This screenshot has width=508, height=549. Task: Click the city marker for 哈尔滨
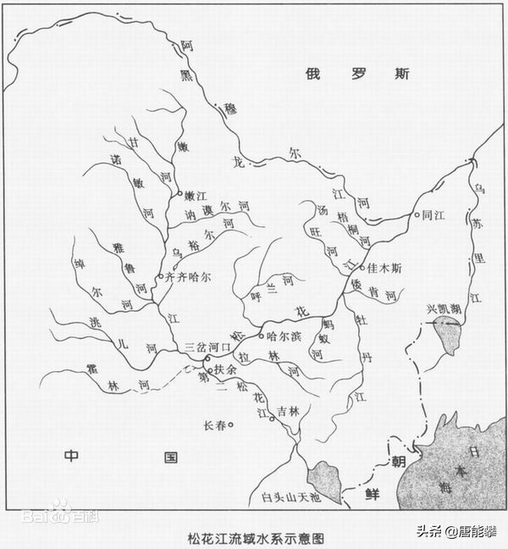[262, 335]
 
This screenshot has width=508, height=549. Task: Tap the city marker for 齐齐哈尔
[160, 277]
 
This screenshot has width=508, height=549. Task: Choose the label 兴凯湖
[444, 309]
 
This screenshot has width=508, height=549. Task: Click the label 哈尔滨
[284, 335]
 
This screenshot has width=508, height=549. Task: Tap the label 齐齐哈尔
[187, 277]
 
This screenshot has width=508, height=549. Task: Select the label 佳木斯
[385, 267]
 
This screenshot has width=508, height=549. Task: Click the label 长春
[214, 425]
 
